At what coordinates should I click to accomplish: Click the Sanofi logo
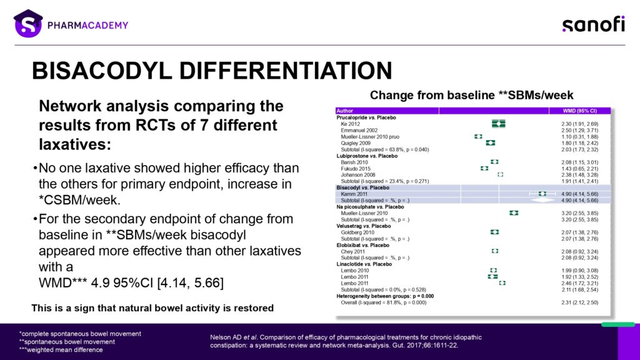(x=592, y=24)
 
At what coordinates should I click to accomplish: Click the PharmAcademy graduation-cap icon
(x=28, y=24)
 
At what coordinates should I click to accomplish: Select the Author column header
(x=345, y=111)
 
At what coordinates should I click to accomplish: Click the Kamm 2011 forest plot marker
(x=542, y=194)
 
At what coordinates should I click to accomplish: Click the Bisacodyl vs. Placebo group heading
(x=362, y=187)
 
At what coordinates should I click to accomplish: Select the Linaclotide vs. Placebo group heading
(x=365, y=264)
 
